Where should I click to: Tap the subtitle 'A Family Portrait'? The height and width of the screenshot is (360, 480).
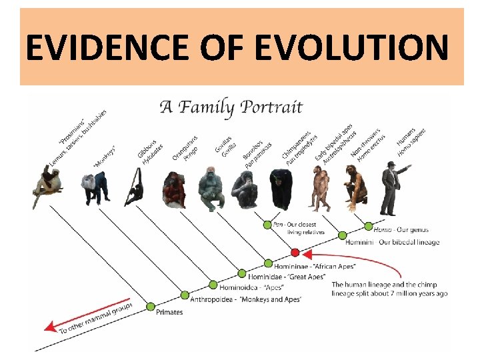coord(231,107)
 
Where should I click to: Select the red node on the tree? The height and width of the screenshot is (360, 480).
coord(295,253)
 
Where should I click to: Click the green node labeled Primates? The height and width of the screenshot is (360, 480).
coord(151,307)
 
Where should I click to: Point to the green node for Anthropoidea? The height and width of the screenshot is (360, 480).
coord(185,295)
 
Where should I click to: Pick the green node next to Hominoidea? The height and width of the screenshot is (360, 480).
coord(213,285)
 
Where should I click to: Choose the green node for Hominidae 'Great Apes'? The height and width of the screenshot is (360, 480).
coord(242,274)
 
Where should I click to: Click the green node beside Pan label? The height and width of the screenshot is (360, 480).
coord(267,225)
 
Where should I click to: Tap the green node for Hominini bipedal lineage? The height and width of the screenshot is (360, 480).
coord(342,235)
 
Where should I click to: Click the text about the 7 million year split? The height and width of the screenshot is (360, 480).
coord(389,289)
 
